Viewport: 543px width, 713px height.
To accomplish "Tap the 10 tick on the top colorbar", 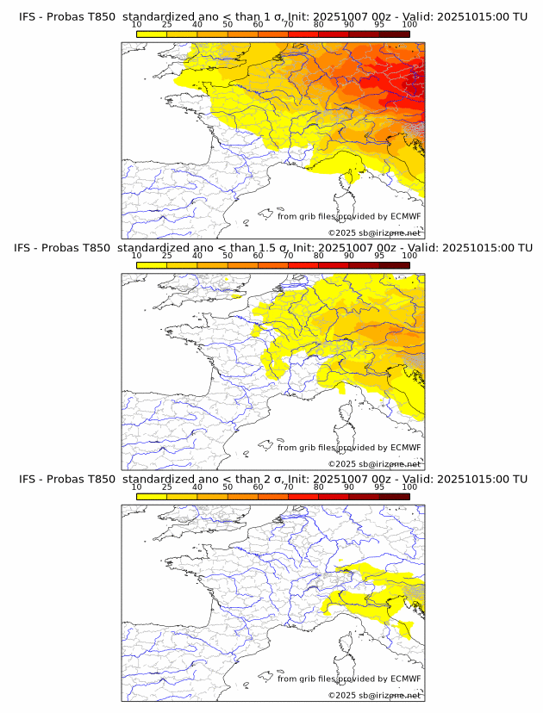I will (137, 25).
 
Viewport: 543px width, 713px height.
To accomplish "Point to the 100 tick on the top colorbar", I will (409, 25).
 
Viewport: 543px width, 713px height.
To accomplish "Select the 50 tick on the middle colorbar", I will (228, 256).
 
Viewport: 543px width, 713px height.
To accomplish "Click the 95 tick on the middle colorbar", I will (379, 256).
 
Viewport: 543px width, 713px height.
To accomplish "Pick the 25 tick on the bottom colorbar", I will (167, 487).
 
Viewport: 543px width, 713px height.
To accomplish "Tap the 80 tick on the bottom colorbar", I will (319, 487).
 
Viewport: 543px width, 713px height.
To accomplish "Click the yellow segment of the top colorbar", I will (152, 34).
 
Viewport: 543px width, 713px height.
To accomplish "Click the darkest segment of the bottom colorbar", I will (394, 496).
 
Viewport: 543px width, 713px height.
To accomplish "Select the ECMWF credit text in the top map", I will (349, 216).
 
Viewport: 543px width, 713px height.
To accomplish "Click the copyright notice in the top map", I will (374, 232).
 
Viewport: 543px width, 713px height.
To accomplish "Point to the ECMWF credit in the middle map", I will (349, 447).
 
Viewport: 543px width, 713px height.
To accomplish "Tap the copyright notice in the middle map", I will (374, 463).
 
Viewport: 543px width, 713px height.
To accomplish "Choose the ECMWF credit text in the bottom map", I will (349, 679).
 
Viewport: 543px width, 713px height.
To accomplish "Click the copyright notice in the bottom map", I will (374, 695).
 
